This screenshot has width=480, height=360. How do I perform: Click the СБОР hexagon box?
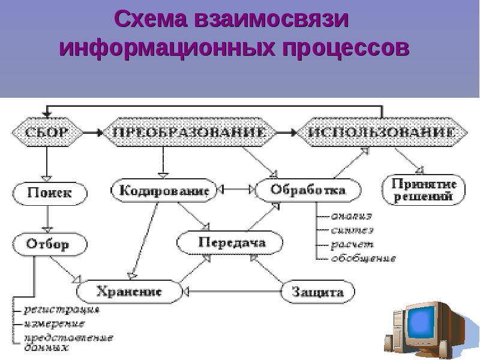[x=46, y=131]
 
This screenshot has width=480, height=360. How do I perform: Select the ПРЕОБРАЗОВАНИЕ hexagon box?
[x=190, y=131]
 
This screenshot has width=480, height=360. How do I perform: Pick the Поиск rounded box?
[x=50, y=193]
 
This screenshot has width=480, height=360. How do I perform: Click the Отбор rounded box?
[x=49, y=244]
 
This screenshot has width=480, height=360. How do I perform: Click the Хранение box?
[x=129, y=292]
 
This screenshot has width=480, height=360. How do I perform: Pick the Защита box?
[x=317, y=292]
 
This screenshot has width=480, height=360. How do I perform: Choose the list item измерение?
[x=54, y=323]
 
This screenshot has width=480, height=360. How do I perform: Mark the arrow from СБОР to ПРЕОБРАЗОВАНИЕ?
[x=91, y=131]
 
